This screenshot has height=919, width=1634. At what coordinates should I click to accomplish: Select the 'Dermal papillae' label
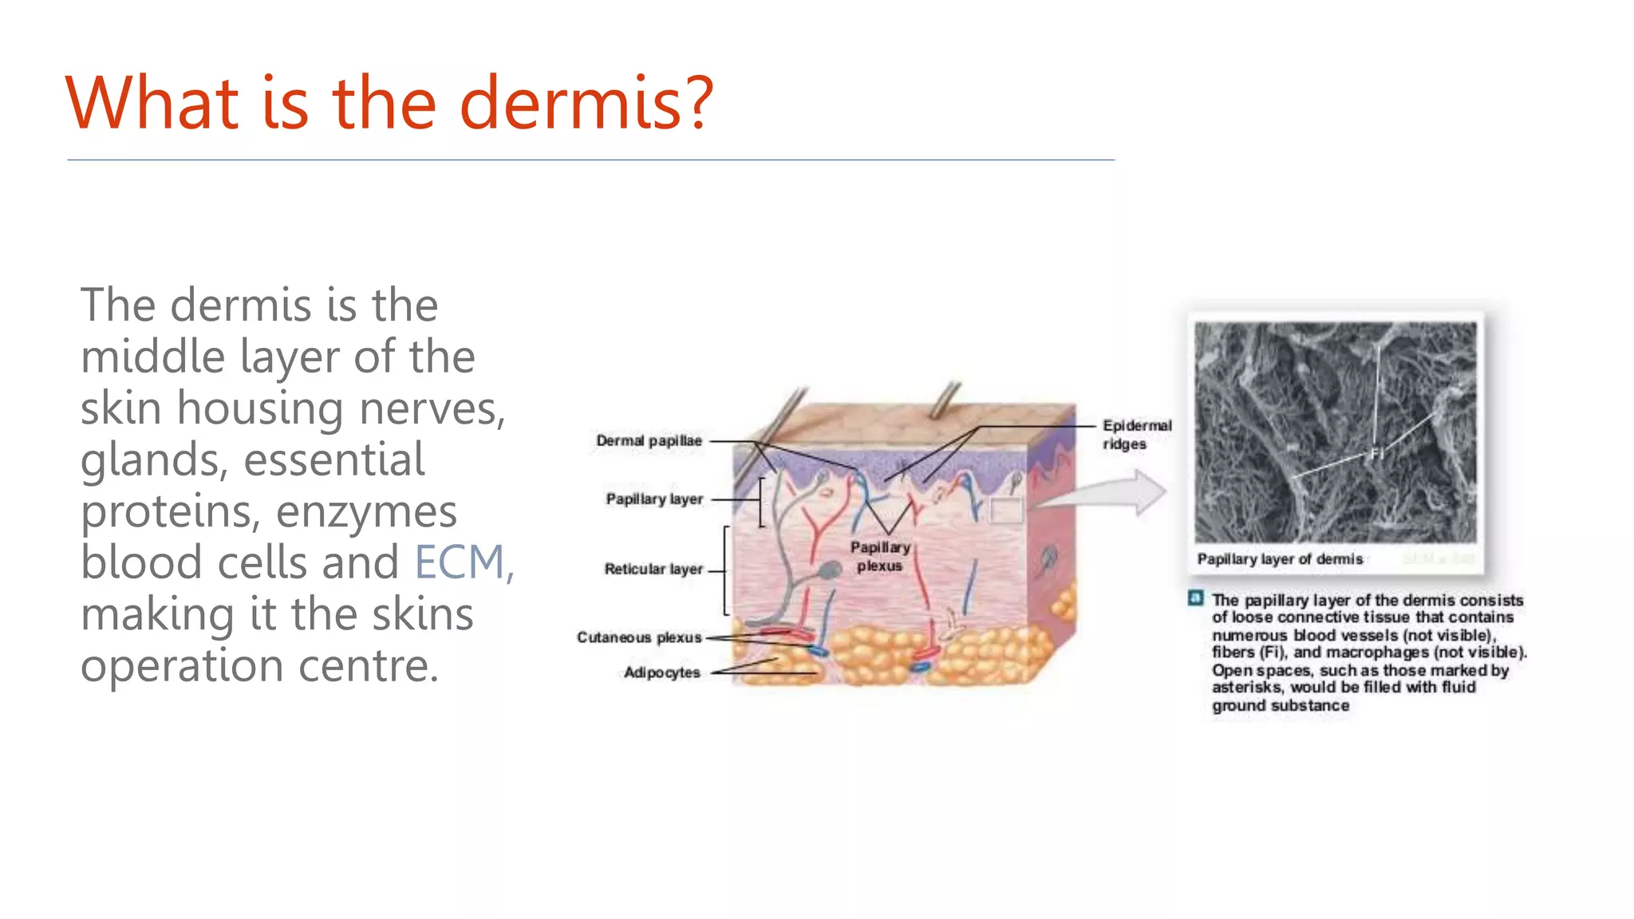649,440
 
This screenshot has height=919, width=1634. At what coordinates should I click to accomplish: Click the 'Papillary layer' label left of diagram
654,499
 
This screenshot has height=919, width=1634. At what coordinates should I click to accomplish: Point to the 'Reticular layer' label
653,569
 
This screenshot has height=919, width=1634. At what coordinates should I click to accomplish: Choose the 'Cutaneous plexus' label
639,637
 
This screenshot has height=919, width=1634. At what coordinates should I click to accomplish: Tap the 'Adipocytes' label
661,672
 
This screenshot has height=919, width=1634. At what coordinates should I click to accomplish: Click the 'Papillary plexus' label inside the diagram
879,556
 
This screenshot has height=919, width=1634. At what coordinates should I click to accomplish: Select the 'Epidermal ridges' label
1136,435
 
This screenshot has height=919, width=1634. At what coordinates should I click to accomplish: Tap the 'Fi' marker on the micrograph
1376,454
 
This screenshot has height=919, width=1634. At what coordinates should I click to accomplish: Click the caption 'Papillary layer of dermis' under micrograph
1280,559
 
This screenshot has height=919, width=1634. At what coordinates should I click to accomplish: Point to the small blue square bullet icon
1195,598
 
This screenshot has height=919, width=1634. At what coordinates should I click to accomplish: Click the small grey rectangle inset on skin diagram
1005,510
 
